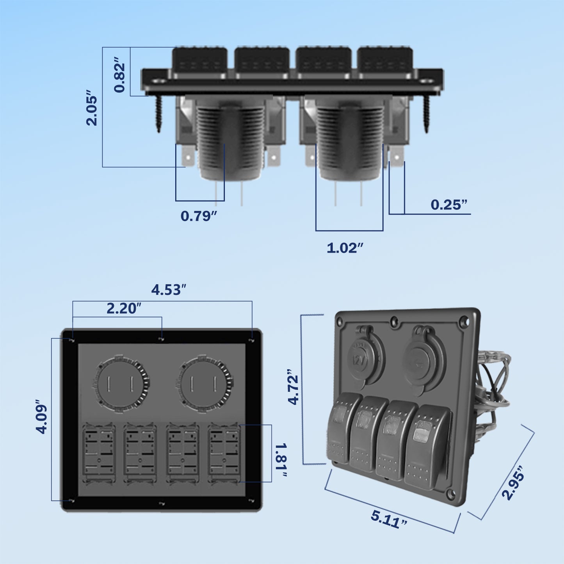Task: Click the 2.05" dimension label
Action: (x=91, y=109)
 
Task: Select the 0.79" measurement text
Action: (x=198, y=216)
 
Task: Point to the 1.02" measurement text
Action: (x=345, y=248)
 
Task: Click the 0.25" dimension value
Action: (x=449, y=205)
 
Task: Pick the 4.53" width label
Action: (x=169, y=290)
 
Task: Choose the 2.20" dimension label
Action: (x=124, y=308)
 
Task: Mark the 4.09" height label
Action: (x=42, y=417)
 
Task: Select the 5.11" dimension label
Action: (x=389, y=519)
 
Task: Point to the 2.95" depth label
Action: (x=513, y=483)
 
